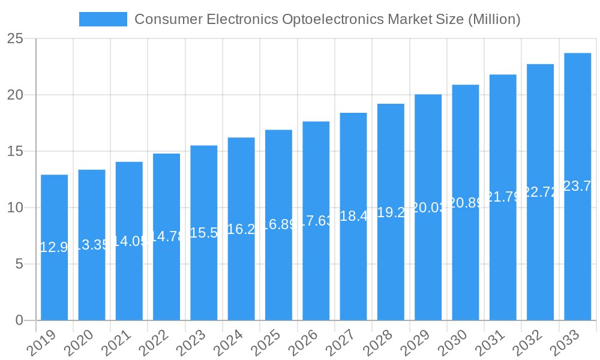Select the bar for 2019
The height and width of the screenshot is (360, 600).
coord(55,247)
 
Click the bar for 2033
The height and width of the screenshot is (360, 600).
coord(578,187)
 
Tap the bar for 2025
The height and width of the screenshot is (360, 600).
coord(278,225)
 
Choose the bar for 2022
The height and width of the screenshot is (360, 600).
coord(166,237)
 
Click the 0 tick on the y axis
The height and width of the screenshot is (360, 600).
coord(19,320)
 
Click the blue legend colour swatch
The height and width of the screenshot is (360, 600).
coord(103,19)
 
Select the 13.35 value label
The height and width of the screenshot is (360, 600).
coord(92,245)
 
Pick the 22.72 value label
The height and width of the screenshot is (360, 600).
coord(540,192)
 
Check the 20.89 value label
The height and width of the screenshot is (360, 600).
coord(466,203)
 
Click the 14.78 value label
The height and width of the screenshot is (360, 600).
coord(166,236)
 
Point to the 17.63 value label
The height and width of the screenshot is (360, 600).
coord(316,221)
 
